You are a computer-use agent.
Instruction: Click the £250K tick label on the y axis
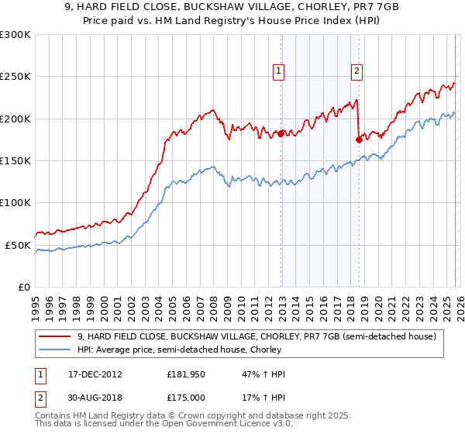click(15, 77)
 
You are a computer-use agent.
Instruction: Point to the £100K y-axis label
click(15, 202)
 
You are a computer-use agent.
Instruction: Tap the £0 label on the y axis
click(23, 287)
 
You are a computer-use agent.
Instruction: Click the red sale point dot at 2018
click(359, 139)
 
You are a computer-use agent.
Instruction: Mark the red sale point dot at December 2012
click(281, 133)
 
